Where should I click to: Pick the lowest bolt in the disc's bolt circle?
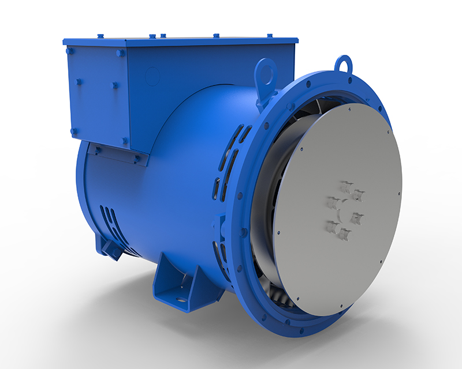pyautogui.click(x=344, y=234)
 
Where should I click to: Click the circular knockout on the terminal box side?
pyautogui.click(x=153, y=76)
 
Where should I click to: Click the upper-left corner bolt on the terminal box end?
pyautogui.click(x=70, y=51)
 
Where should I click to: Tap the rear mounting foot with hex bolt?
pyautogui.click(x=110, y=245)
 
